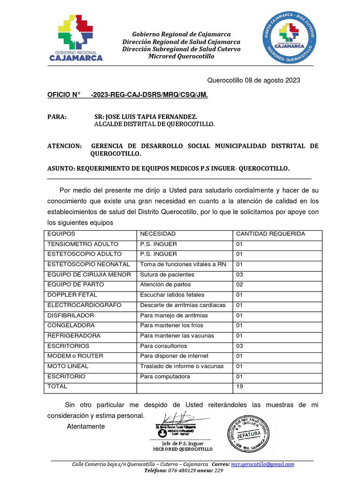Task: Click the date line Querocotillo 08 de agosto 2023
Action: pos(254,80)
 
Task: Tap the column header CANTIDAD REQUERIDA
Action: pos(270,234)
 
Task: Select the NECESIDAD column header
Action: pos(157,234)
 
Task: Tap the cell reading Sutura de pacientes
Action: pos(167,275)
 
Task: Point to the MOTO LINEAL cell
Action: pos(67,366)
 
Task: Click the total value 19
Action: pos(239,387)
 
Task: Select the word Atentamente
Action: pos(86,426)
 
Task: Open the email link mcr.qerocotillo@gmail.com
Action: pos(262,464)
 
